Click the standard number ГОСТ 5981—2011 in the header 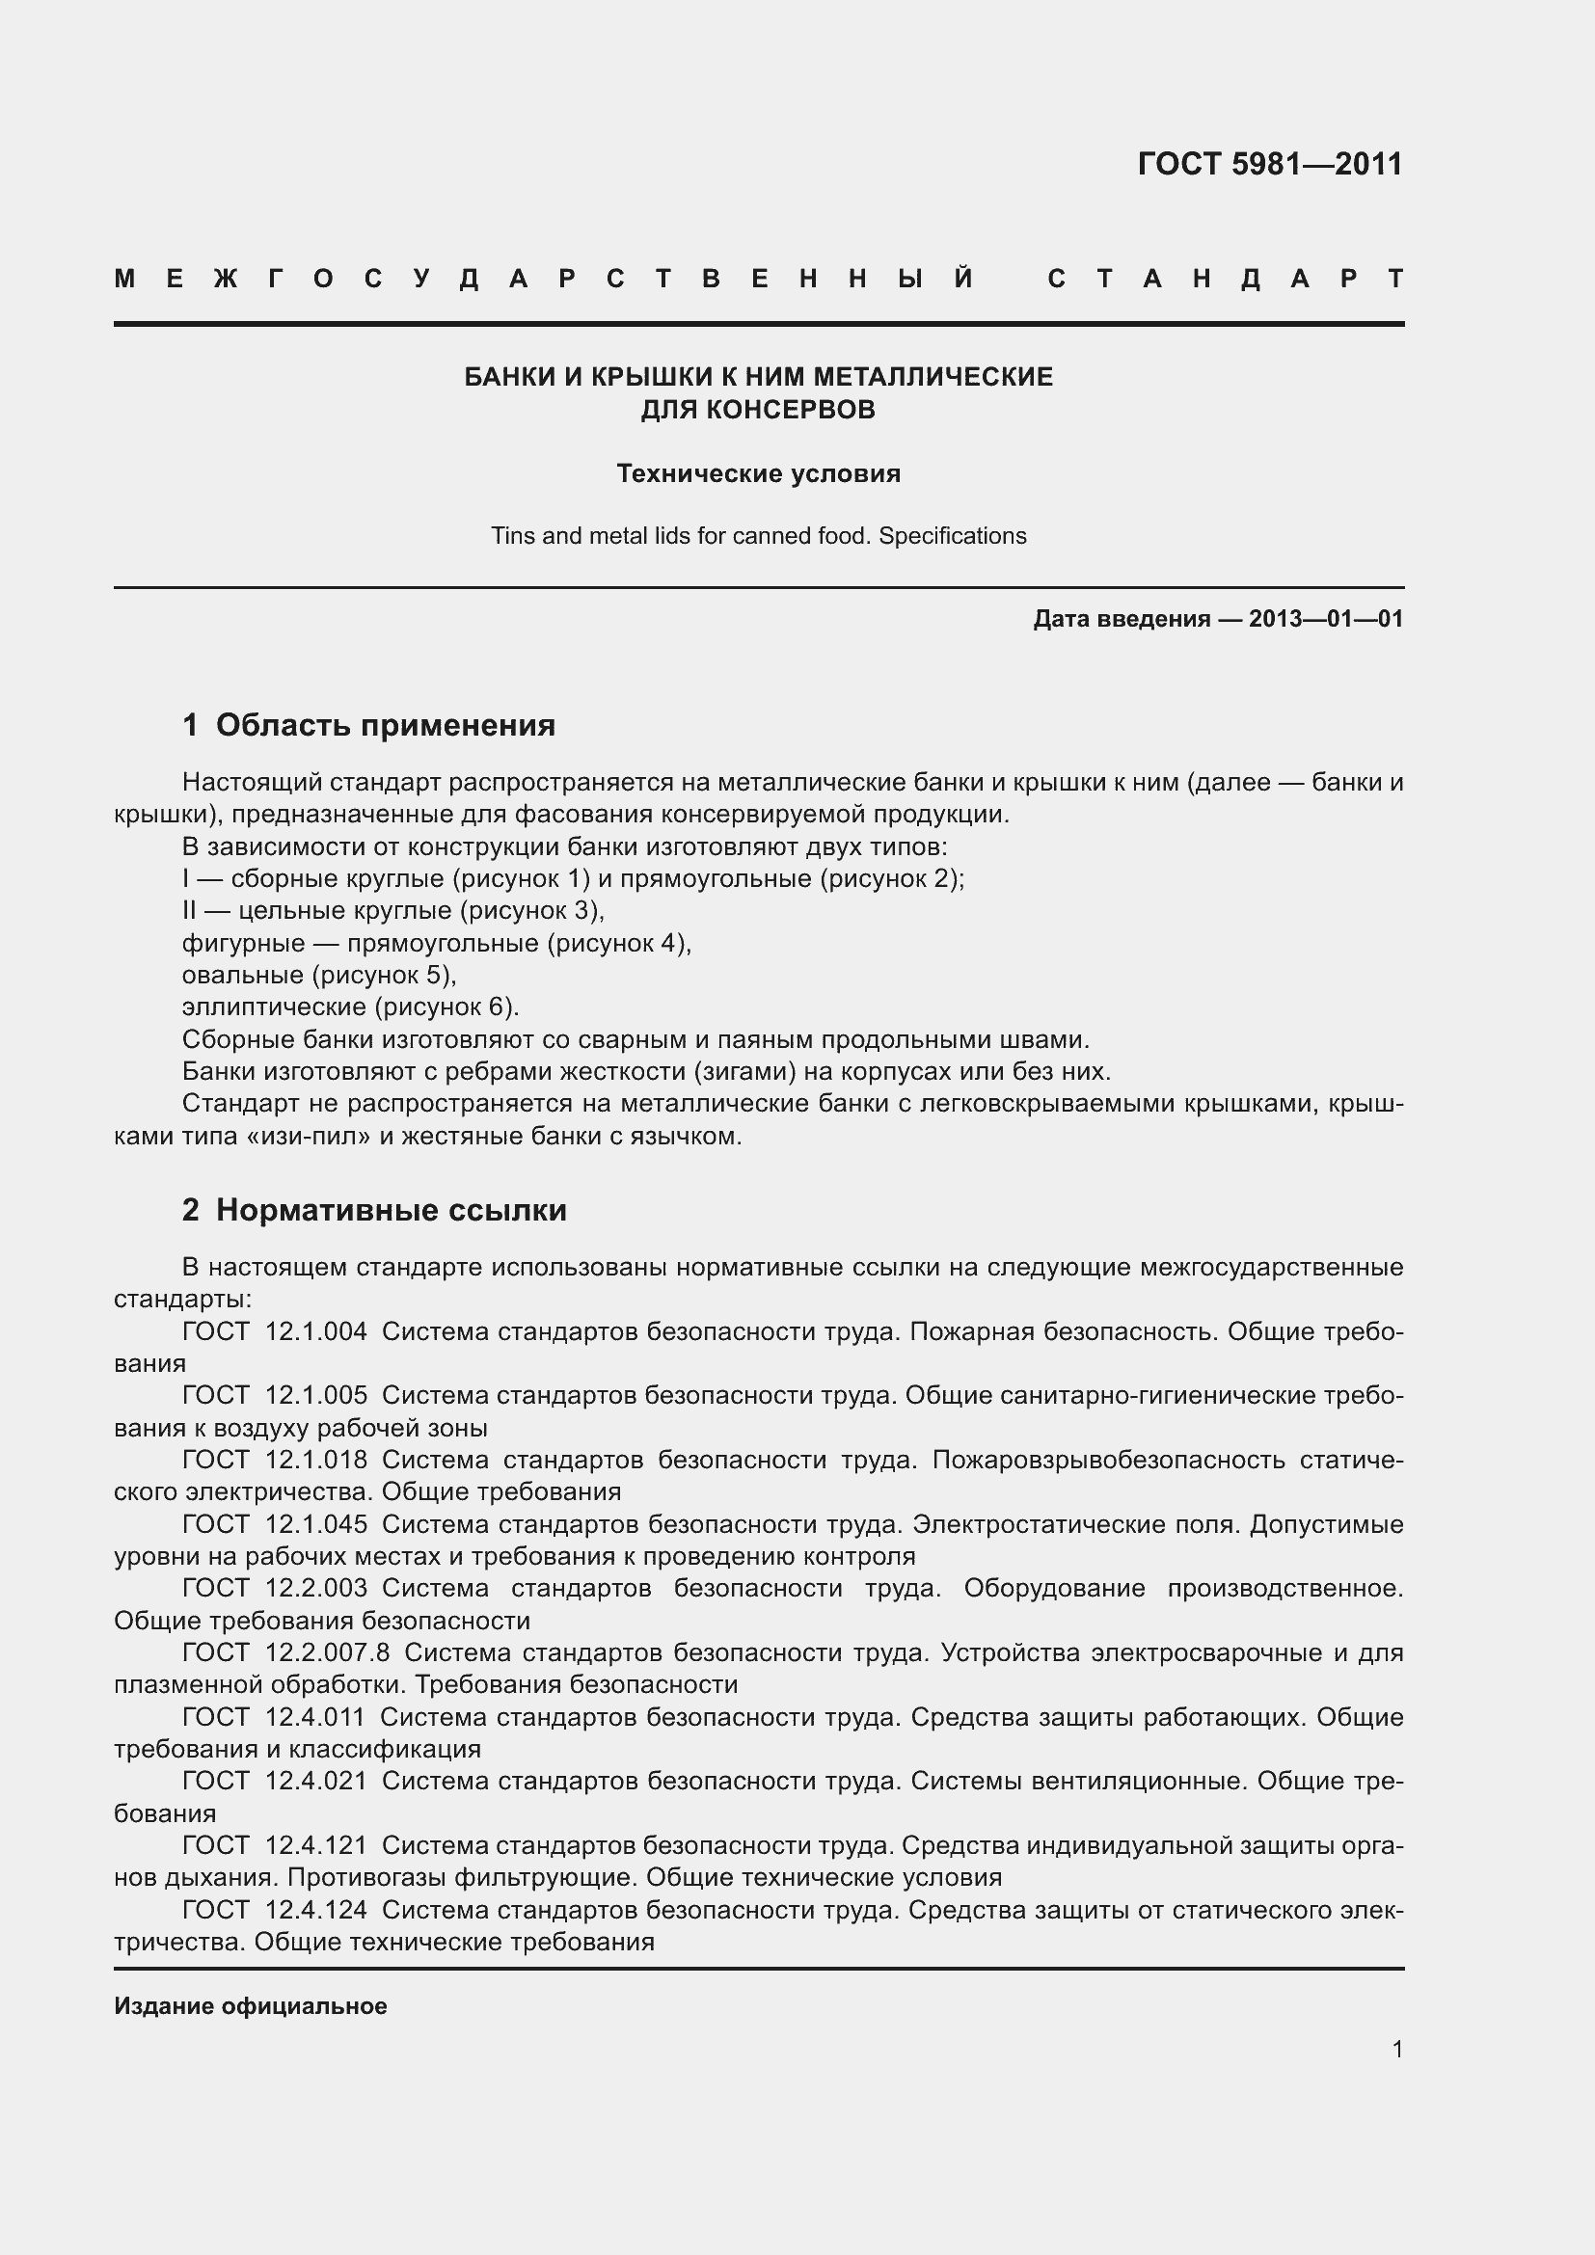tap(1269, 164)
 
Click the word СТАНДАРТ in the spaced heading tap(1225, 279)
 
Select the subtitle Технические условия tap(758, 473)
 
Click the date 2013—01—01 tap(1326, 619)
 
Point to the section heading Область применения tap(385, 726)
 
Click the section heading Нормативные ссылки tap(391, 1210)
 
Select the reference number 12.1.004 tap(315, 1331)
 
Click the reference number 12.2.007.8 tap(327, 1653)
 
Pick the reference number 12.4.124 tap(315, 1910)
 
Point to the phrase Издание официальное tap(251, 2006)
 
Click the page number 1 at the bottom tap(1396, 2050)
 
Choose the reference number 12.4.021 tap(315, 1782)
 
